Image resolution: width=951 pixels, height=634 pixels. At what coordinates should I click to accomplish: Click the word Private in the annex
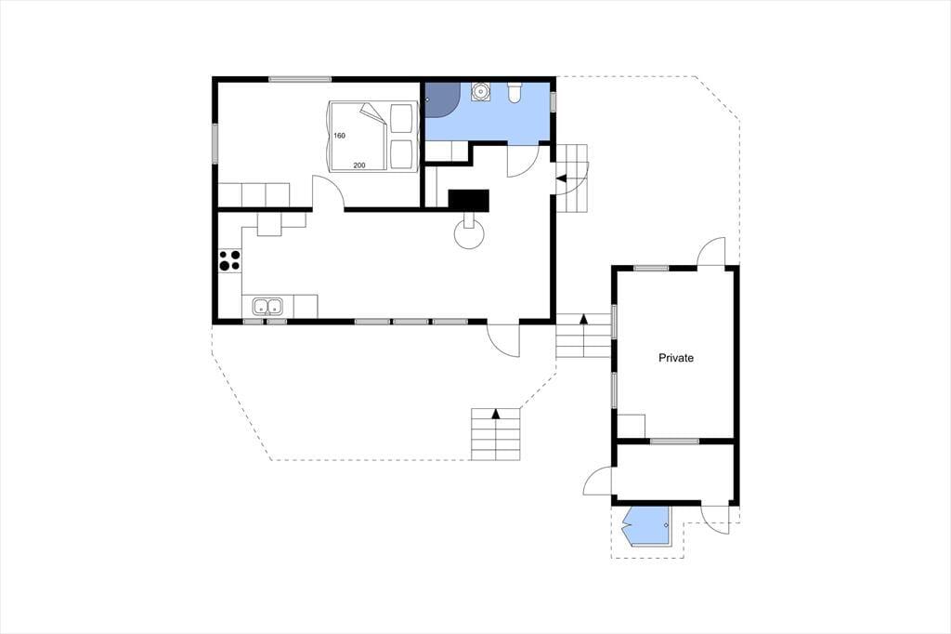(676, 358)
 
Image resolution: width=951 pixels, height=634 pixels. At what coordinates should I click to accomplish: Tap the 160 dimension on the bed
(340, 136)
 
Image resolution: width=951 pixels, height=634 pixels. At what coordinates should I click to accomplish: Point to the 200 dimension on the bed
(359, 165)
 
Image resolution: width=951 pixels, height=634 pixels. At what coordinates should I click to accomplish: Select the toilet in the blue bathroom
(515, 92)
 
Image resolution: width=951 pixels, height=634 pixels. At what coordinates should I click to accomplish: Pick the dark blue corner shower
(440, 99)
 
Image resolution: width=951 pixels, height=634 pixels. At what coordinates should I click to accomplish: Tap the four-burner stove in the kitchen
(230, 261)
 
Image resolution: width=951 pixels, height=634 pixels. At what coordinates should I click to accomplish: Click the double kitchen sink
(268, 307)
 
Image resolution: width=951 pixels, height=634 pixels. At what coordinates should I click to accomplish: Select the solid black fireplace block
(468, 201)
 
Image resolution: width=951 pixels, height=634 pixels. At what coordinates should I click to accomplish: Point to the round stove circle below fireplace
(470, 235)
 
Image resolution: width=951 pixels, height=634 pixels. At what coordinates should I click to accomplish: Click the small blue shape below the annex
(647, 526)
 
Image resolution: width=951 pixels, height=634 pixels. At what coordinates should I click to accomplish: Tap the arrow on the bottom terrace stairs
(496, 414)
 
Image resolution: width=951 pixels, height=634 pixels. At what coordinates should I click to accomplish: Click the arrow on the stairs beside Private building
(583, 319)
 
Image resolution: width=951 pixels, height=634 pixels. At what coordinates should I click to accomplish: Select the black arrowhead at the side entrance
(561, 178)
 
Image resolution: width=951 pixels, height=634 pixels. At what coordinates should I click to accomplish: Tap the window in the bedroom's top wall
(300, 79)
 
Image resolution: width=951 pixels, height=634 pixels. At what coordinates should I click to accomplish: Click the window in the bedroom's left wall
(215, 144)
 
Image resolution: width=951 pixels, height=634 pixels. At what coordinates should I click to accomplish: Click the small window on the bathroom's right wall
(554, 101)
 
